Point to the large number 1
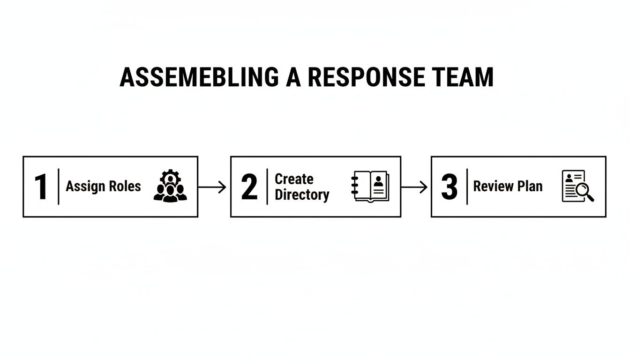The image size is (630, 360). [x=41, y=187]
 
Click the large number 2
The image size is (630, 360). [x=249, y=187]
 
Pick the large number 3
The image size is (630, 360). [x=449, y=187]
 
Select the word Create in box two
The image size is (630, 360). [x=294, y=179]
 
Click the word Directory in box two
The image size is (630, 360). [x=302, y=195]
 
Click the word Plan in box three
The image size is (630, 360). [x=530, y=186]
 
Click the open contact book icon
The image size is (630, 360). [x=370, y=187]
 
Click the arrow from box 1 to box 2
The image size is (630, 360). [x=213, y=187]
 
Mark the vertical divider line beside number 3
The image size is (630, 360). [x=467, y=187]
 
